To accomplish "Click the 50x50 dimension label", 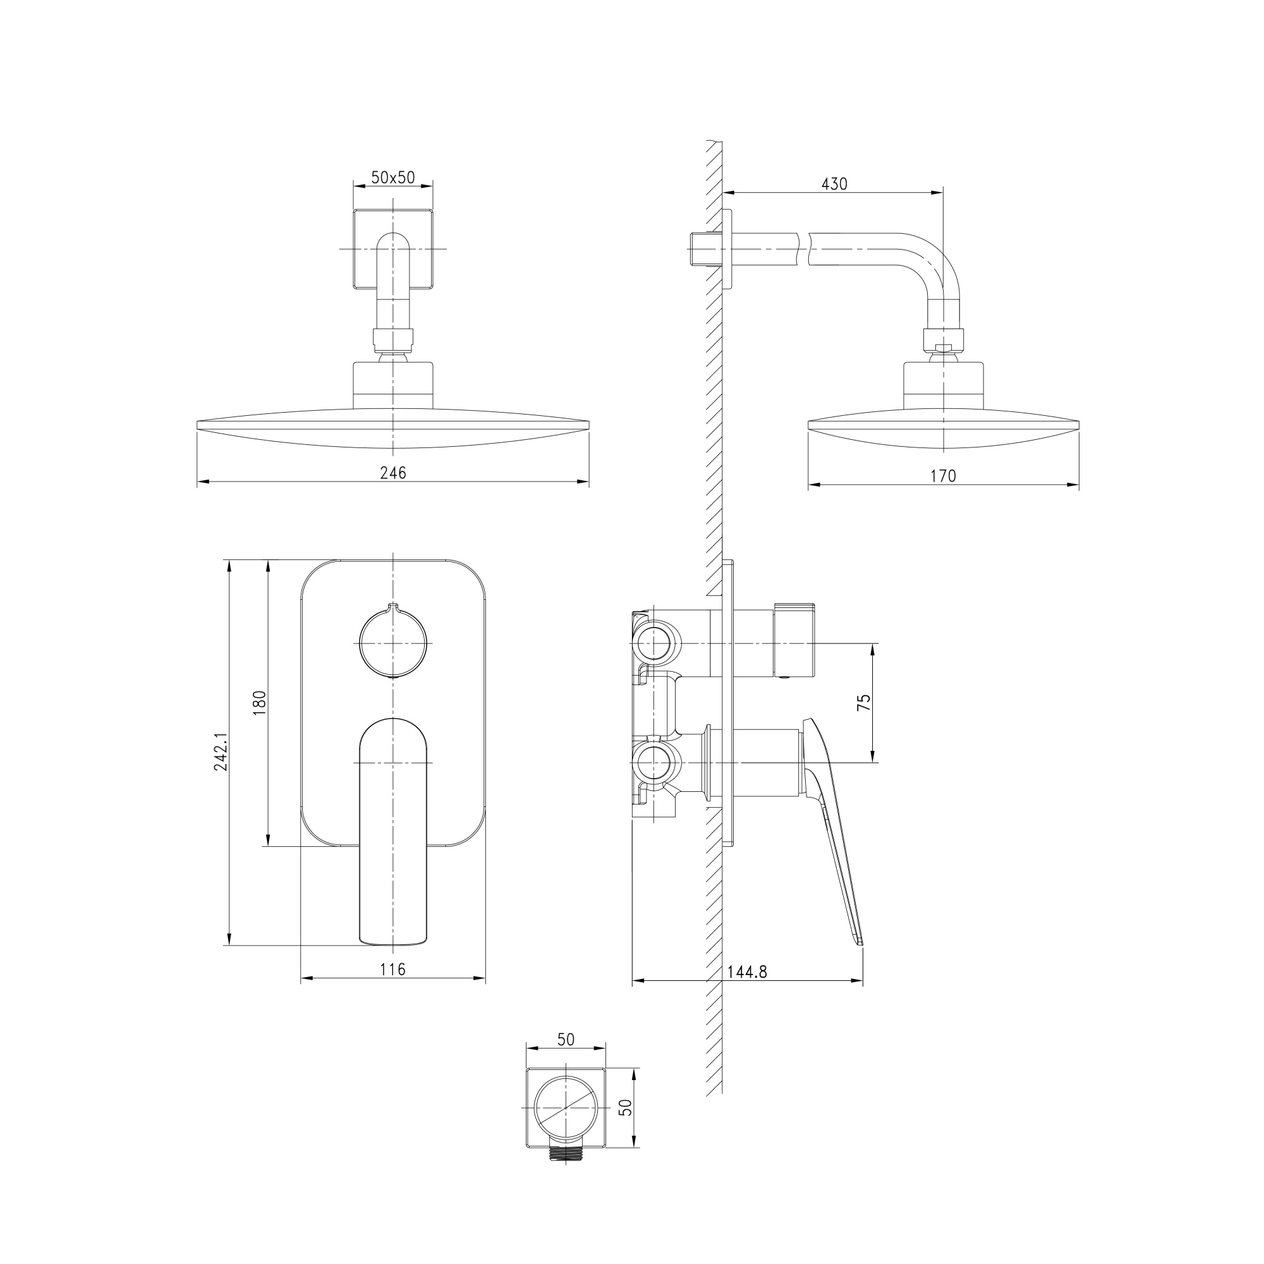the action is [x=392, y=178].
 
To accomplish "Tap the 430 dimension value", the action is [x=834, y=185].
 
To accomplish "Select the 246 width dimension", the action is [x=393, y=472].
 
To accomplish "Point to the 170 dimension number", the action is [x=944, y=476].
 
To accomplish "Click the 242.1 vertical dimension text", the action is [x=221, y=751].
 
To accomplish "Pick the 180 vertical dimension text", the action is [x=260, y=703].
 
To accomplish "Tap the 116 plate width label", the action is [x=393, y=969].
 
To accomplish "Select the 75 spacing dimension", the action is [x=864, y=702].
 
